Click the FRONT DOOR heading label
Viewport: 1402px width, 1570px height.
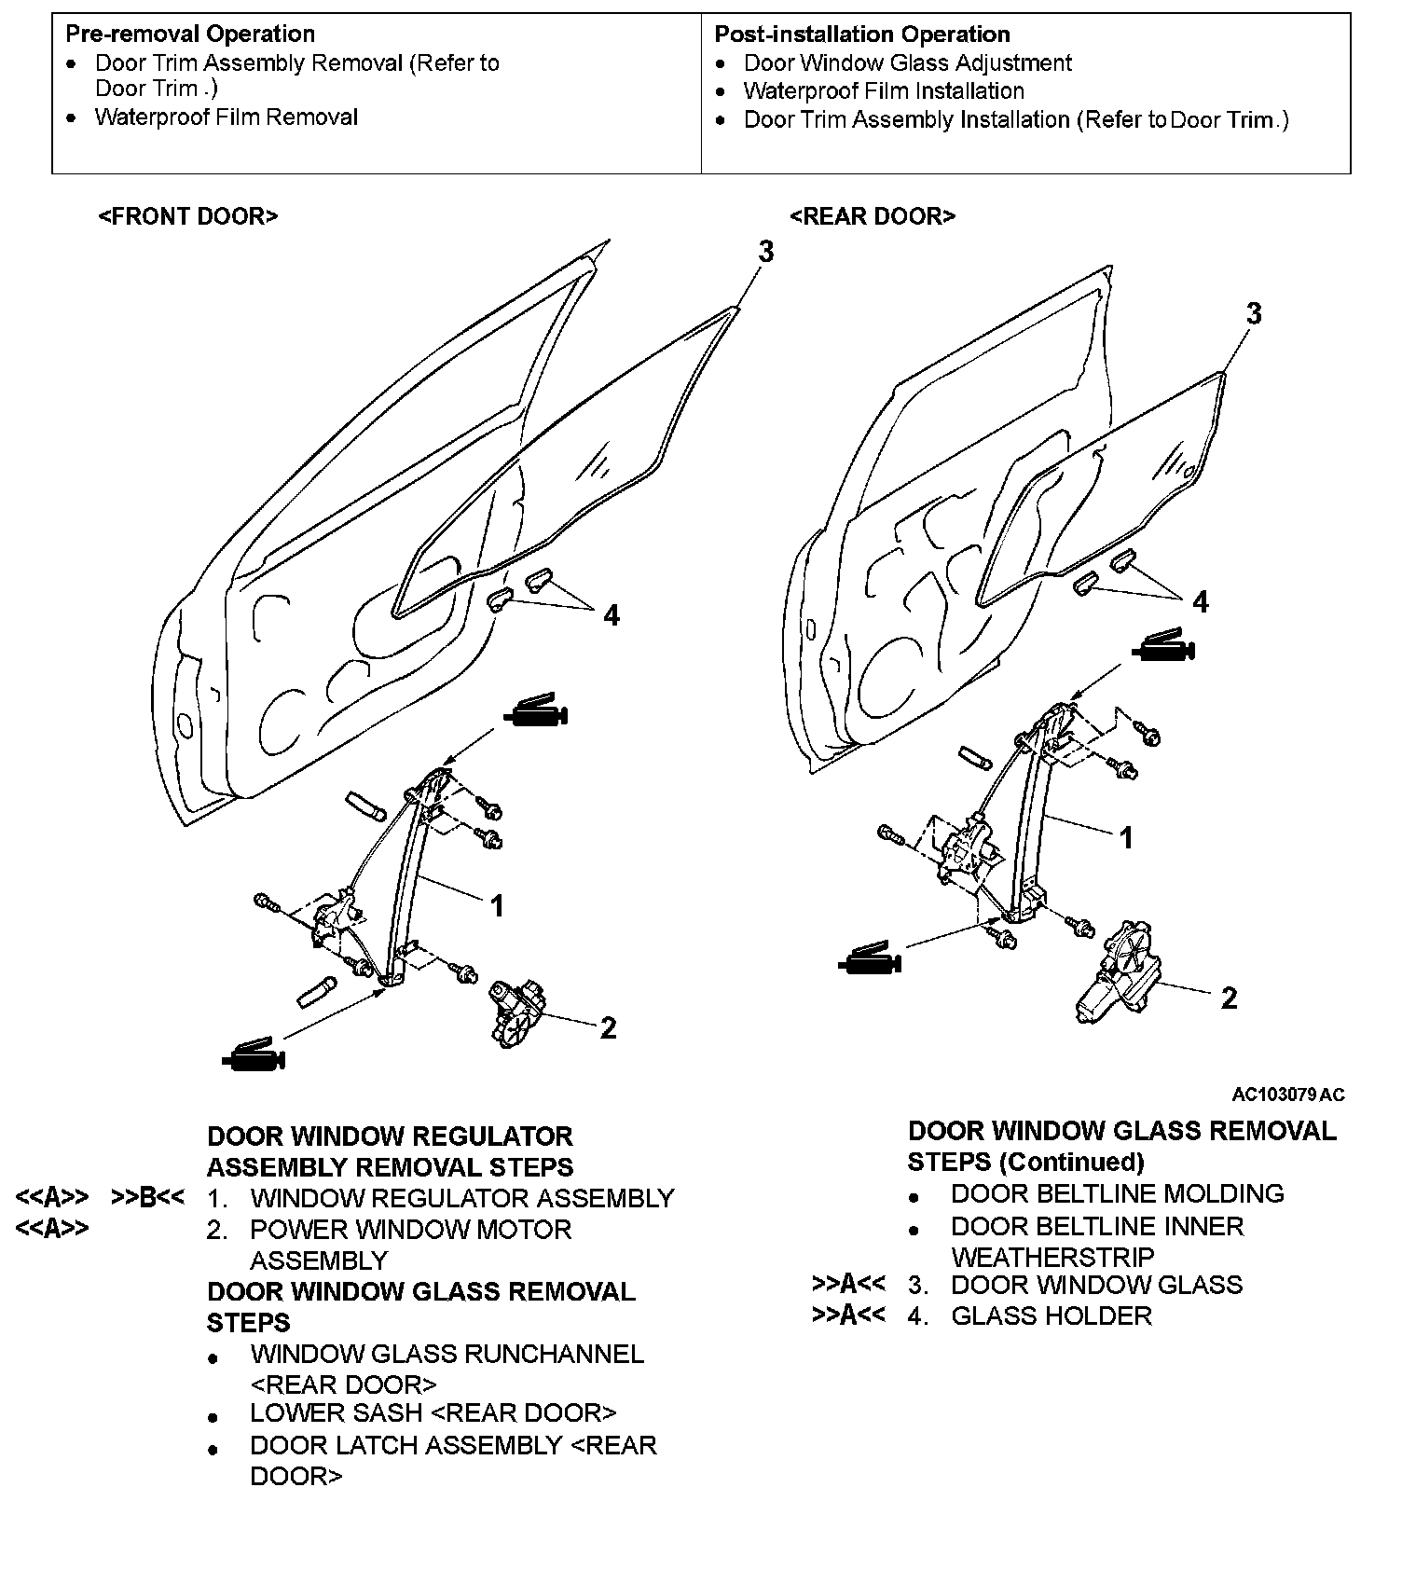(187, 216)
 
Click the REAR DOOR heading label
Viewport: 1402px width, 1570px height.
(872, 216)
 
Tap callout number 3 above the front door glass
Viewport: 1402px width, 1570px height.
(765, 252)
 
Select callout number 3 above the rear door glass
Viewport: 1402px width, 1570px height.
(1254, 314)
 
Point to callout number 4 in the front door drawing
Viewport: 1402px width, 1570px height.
(612, 615)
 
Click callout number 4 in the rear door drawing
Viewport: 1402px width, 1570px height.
(1201, 602)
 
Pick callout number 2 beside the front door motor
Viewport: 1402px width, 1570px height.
(608, 1028)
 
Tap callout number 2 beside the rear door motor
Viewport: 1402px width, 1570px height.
(1229, 998)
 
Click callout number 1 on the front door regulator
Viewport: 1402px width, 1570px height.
(498, 905)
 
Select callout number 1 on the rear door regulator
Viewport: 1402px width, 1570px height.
(1126, 838)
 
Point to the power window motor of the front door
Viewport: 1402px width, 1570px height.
(518, 1012)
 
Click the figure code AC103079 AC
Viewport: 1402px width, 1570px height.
(1287, 1095)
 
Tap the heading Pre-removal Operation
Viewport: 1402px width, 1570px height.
(190, 34)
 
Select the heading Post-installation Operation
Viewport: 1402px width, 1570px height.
(862, 34)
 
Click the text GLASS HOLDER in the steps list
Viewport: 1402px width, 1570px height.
(1051, 1315)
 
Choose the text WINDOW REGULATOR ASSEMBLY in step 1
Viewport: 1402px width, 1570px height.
(461, 1198)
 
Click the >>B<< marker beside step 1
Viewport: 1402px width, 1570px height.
(147, 1198)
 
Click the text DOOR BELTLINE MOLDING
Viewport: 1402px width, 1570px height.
(1117, 1193)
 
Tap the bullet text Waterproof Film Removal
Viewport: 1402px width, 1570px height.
(227, 117)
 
